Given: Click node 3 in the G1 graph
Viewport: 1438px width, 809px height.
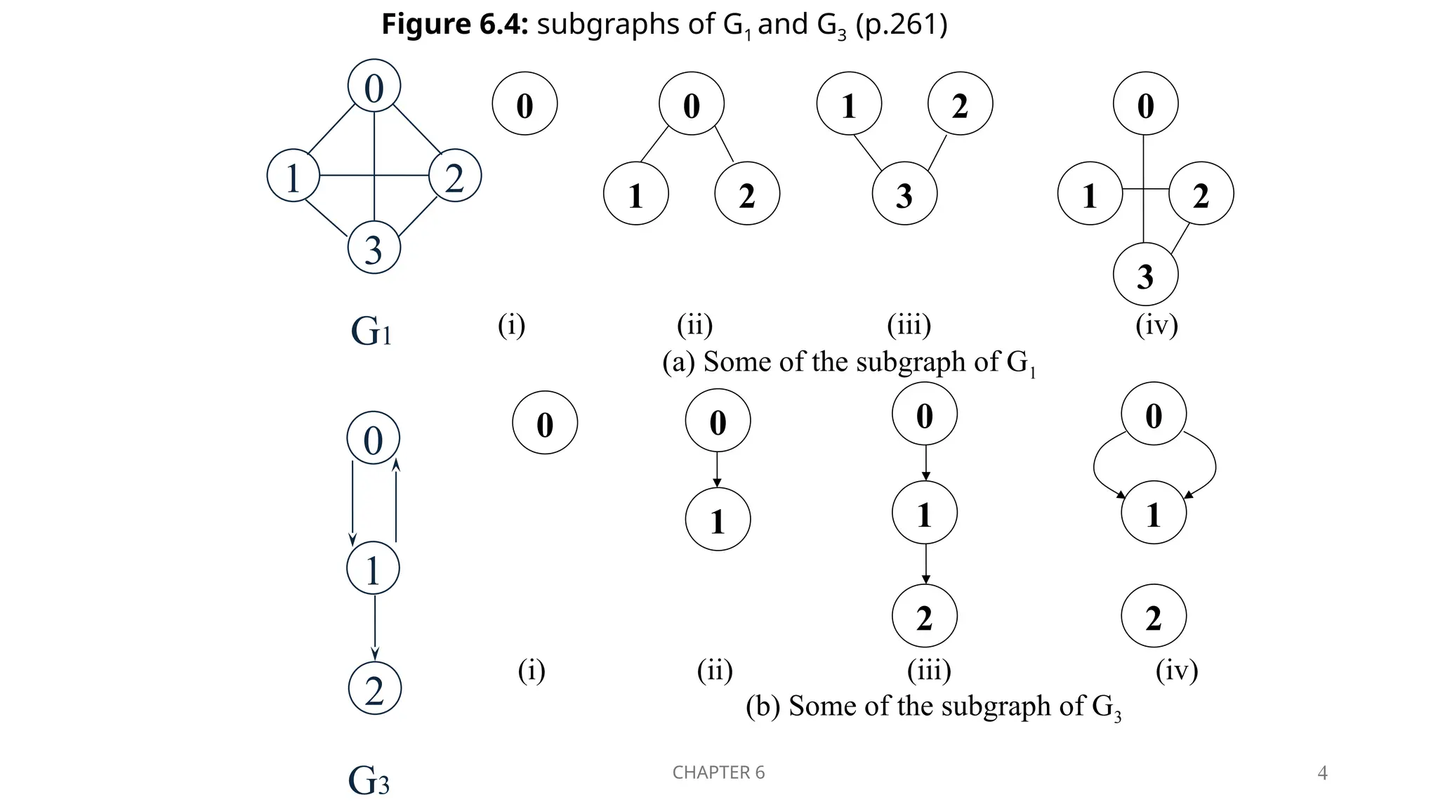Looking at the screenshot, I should [x=374, y=248].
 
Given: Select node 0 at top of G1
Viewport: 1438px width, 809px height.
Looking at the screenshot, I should [x=374, y=86].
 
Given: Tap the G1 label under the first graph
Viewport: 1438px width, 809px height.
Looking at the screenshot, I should [x=371, y=331].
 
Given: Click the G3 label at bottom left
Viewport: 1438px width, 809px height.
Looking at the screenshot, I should [x=369, y=780].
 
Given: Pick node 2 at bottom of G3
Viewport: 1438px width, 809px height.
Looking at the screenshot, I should [x=374, y=688].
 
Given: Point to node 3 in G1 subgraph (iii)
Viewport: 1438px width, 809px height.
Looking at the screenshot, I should [x=904, y=194].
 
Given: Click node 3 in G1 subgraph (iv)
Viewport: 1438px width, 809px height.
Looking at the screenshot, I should [x=1145, y=275].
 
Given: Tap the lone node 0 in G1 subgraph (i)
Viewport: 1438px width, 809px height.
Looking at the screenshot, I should [x=525, y=104].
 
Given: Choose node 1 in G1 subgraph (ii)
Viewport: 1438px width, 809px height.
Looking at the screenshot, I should [x=635, y=194].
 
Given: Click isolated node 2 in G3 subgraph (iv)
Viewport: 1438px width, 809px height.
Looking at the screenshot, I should [x=1154, y=616].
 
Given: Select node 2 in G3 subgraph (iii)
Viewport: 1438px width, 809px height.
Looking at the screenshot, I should [x=924, y=616].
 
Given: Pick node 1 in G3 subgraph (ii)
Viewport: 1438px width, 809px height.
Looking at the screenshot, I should [x=718, y=520].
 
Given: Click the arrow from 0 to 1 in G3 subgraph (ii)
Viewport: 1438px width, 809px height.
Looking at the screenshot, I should [x=717, y=469].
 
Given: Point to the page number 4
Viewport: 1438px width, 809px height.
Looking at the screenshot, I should [x=1322, y=773].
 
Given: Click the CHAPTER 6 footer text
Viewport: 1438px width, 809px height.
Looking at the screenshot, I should [x=718, y=772].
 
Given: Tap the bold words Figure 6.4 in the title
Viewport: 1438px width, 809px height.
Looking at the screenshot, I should [x=454, y=25].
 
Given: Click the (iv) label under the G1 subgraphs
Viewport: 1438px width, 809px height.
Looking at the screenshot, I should [x=1156, y=325].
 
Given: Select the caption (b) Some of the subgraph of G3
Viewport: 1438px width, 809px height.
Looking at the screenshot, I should [x=933, y=706].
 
